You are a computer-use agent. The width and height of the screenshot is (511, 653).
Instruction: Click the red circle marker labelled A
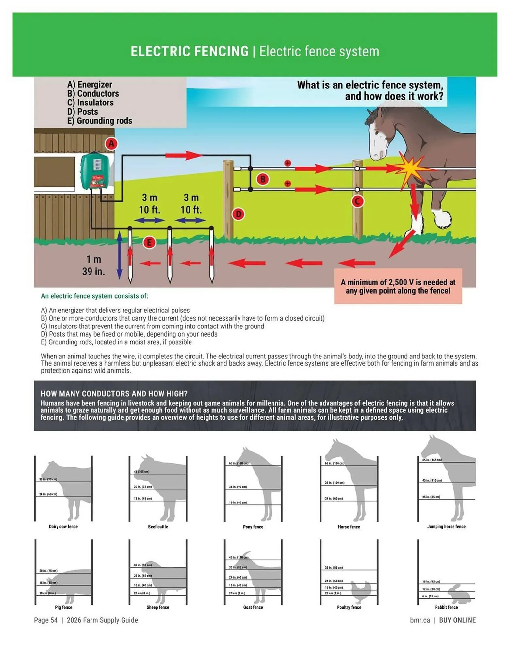pos(111,144)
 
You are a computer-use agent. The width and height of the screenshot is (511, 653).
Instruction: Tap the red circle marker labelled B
pos(263,179)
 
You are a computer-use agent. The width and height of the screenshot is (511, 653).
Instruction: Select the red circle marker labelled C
pos(357,201)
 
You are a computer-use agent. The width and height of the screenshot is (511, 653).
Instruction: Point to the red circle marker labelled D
pos(239,214)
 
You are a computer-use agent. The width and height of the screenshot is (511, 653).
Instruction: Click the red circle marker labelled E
pos(149,242)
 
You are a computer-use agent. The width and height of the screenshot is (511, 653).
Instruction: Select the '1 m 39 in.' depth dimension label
pos(93,265)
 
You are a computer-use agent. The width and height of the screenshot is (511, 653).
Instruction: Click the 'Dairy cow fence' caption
pos(63,526)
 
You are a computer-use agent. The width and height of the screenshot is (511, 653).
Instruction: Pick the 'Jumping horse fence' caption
pos(446,526)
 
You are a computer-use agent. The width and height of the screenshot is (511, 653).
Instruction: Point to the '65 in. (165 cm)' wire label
pos(432,460)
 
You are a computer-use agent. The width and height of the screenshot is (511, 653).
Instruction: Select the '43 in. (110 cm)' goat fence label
pos(239,557)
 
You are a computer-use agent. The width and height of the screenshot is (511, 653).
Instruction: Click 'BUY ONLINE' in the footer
pos(457,620)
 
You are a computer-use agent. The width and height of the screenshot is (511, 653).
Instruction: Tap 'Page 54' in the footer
pos(46,620)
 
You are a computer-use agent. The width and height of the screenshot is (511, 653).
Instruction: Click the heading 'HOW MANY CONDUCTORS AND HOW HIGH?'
pos(114,394)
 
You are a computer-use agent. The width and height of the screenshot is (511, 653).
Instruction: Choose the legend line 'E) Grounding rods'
pos(100,121)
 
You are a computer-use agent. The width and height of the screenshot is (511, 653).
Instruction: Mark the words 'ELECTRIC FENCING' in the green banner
pos(190,52)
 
